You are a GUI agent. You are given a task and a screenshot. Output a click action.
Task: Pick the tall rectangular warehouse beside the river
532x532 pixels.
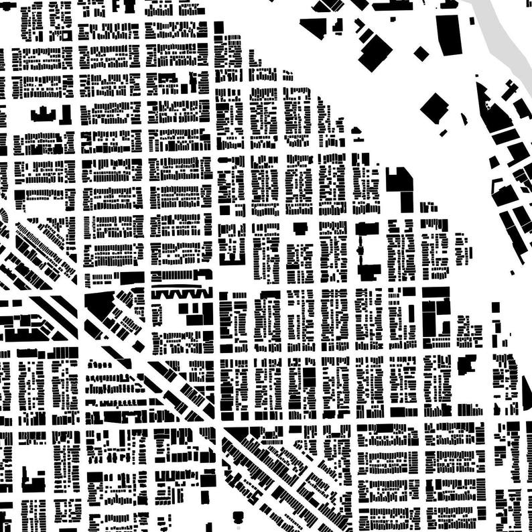tap(449, 34)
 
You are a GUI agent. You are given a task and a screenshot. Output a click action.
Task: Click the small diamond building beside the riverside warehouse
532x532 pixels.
tap(421, 53)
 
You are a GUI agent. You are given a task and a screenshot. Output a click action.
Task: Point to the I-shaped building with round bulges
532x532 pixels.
tap(366, 251)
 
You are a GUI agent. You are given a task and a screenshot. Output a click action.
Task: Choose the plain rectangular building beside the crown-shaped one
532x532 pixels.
tap(65, 115)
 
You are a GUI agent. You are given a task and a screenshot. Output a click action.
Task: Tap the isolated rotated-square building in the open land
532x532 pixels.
tap(435, 107)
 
